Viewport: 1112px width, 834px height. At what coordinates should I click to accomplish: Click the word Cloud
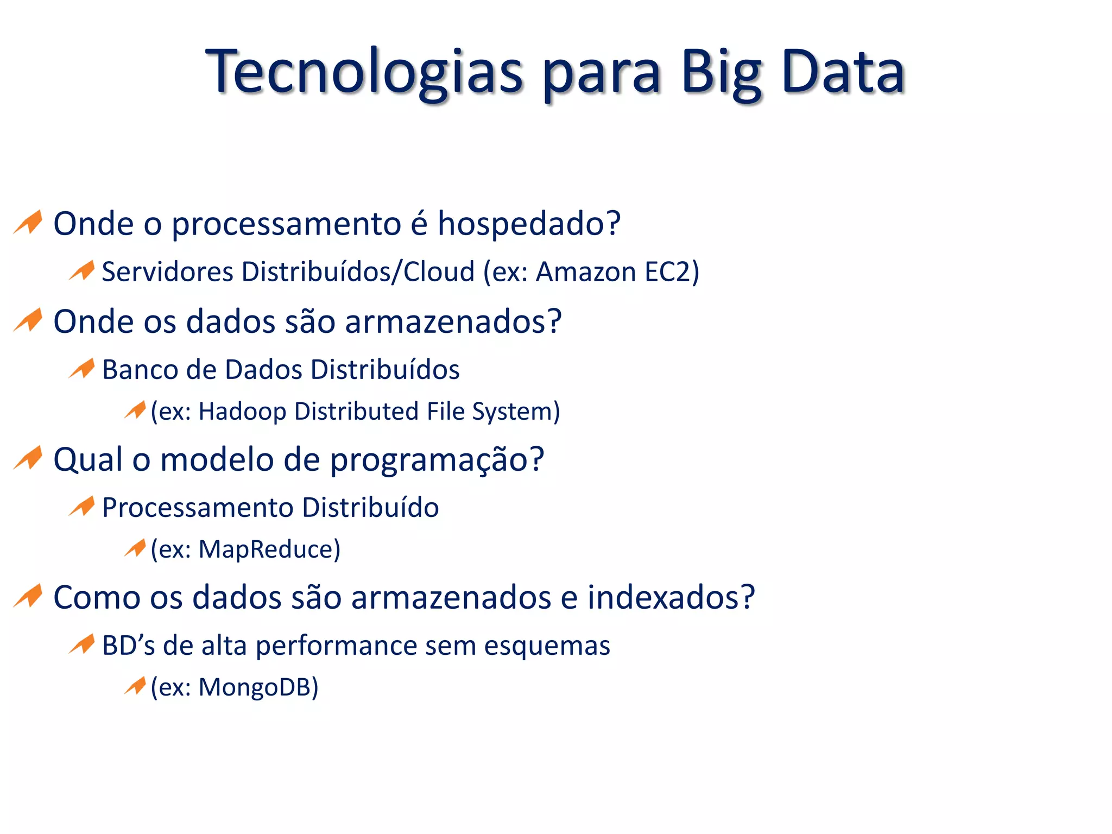click(x=439, y=271)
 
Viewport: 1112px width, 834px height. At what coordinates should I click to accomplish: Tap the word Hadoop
click(x=242, y=411)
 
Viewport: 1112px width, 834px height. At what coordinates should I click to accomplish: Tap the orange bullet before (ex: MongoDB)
click(x=135, y=685)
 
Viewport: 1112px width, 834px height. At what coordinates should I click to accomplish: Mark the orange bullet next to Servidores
click(x=82, y=270)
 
